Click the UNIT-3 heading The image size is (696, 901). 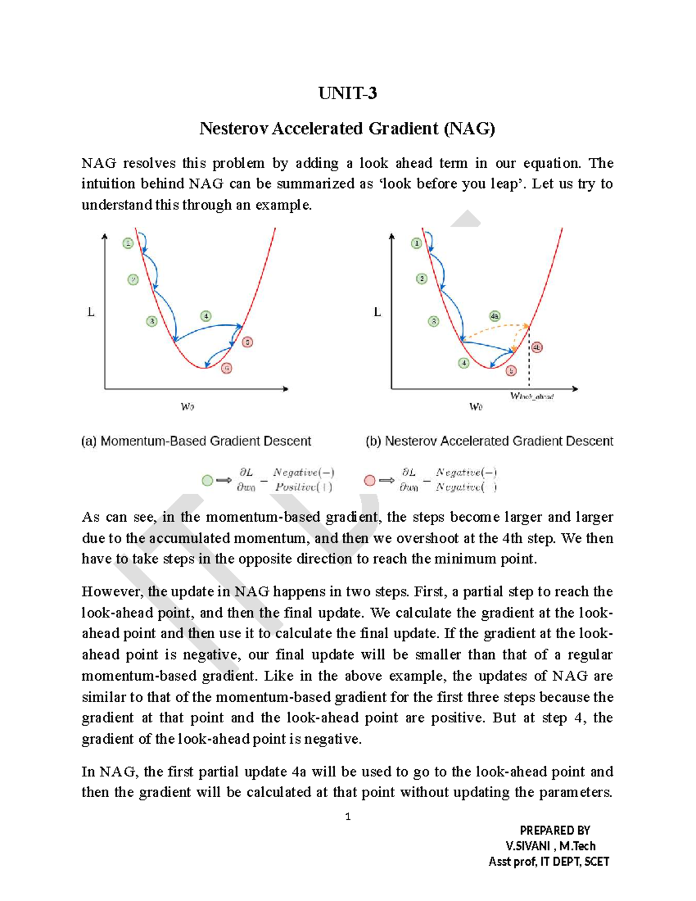(x=347, y=93)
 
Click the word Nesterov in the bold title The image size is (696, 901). (x=234, y=128)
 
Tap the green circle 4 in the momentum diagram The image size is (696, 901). (x=206, y=316)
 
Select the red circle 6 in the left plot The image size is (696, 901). (x=227, y=368)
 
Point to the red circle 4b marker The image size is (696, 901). (x=537, y=348)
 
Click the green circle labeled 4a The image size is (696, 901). (x=494, y=316)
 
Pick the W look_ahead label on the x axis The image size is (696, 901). (x=532, y=396)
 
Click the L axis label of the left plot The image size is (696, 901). (x=91, y=312)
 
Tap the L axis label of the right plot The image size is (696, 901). (x=378, y=312)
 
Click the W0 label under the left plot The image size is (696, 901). (x=187, y=407)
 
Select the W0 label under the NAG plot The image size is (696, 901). (x=476, y=407)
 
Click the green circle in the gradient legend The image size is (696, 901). (x=207, y=480)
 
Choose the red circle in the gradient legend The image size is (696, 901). (x=369, y=480)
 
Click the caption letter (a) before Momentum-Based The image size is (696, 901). (x=89, y=442)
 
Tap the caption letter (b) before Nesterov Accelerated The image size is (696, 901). (x=374, y=442)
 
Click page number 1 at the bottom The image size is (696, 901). (x=347, y=817)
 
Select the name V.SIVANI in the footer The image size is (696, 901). (x=527, y=846)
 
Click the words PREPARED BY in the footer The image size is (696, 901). (x=554, y=830)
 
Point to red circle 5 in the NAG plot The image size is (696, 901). (x=511, y=371)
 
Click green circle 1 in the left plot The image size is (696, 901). (x=128, y=243)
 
